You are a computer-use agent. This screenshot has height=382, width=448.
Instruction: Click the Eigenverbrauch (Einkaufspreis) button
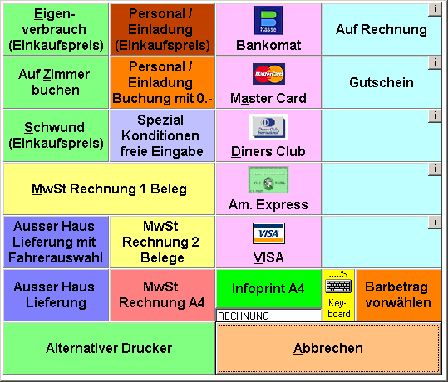click(x=56, y=29)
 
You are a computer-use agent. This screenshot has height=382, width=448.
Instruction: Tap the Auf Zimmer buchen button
click(x=56, y=82)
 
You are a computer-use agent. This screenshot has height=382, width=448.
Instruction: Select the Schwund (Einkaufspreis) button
click(x=56, y=135)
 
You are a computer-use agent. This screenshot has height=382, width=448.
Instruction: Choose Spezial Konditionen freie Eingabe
click(x=162, y=135)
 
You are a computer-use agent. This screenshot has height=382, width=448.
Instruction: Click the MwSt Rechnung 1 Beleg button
click(x=109, y=189)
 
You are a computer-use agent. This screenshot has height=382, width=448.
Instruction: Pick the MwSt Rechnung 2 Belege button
click(x=162, y=242)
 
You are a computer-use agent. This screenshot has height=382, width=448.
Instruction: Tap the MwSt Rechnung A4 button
click(x=162, y=295)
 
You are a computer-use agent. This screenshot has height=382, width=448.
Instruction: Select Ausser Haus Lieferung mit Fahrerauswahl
click(x=56, y=242)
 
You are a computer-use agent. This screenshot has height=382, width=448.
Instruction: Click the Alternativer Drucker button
click(x=109, y=348)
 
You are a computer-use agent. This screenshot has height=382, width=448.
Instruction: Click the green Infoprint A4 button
click(x=268, y=289)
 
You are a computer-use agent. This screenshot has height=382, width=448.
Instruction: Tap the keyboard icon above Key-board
click(x=338, y=283)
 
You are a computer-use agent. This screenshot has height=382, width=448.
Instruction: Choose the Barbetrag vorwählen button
click(x=398, y=295)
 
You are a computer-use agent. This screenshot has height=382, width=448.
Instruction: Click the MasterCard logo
click(x=268, y=74)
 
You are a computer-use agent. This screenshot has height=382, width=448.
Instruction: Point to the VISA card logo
click(x=268, y=233)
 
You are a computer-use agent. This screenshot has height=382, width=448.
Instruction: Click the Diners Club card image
click(x=268, y=127)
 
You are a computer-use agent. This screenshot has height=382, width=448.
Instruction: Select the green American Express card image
click(x=268, y=180)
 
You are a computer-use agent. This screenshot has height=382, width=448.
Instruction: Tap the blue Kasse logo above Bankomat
click(x=268, y=20)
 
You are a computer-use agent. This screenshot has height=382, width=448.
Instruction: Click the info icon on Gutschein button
click(x=435, y=62)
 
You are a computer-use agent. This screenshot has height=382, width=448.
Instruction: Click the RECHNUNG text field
click(x=268, y=316)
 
